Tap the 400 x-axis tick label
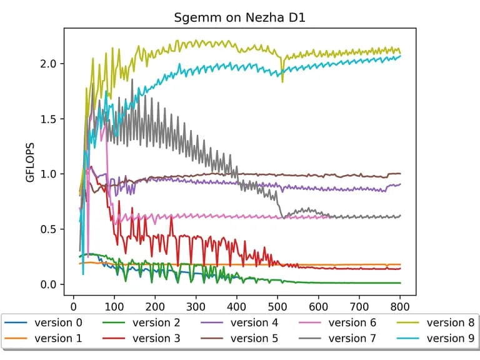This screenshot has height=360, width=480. pos(237,306)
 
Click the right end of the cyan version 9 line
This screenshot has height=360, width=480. pos(400,56)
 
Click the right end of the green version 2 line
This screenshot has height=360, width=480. pos(400,283)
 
